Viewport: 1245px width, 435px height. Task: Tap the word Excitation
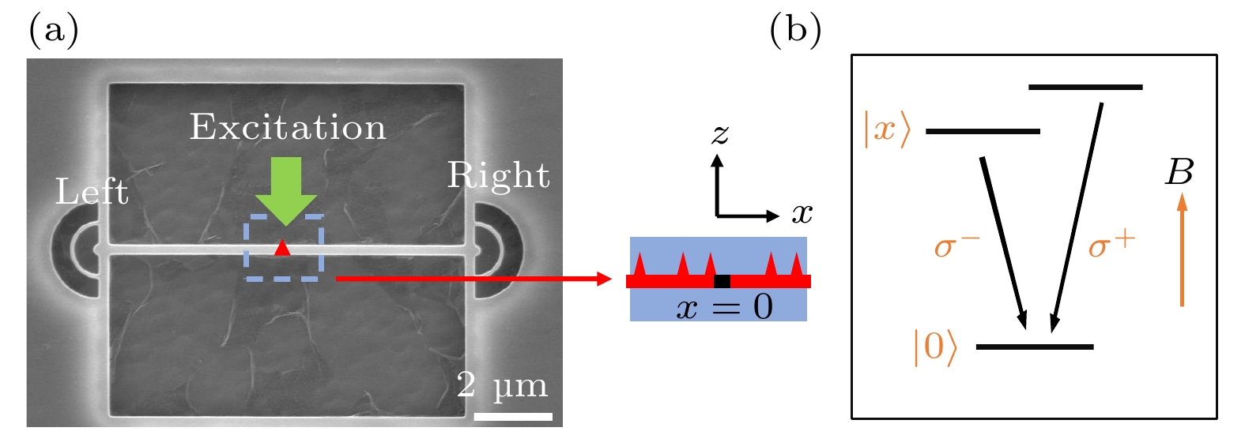(288, 128)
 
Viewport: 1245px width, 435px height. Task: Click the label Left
(92, 192)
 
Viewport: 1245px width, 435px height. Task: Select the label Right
(498, 176)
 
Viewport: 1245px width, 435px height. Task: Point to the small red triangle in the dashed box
(282, 249)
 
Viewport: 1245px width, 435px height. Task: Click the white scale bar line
(512, 416)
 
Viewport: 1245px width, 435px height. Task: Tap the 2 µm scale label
(503, 385)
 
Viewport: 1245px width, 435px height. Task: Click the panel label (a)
(54, 32)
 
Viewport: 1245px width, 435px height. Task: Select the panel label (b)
(795, 32)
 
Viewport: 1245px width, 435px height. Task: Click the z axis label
(719, 134)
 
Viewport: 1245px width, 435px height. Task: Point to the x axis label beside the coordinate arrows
(802, 213)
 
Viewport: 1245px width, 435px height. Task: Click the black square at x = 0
(722, 281)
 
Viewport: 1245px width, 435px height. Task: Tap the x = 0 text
(724, 306)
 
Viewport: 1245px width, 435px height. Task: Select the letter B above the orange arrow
(1179, 172)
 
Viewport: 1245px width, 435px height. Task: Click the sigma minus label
(956, 246)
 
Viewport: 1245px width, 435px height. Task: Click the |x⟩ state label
(887, 129)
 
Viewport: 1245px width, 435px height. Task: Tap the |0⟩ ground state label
(935, 347)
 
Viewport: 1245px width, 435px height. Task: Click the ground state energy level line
(1035, 347)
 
